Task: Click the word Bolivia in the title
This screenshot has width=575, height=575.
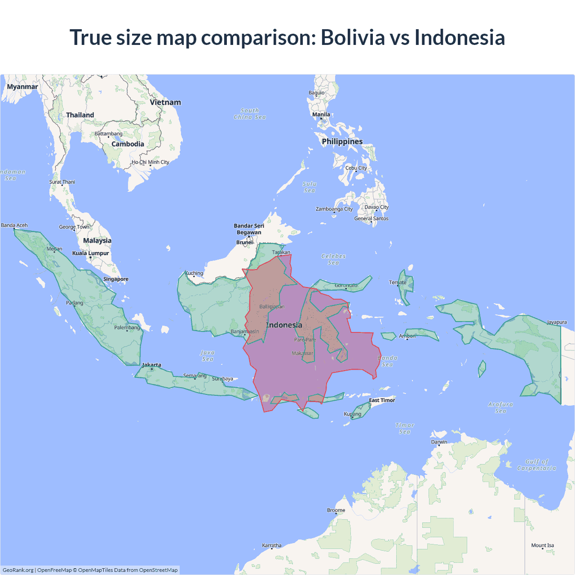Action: pyautogui.click(x=353, y=37)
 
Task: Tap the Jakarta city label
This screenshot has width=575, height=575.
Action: pyautogui.click(x=151, y=365)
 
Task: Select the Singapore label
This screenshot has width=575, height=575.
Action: pyautogui.click(x=116, y=279)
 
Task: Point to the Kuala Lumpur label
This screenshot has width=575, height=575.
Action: pyautogui.click(x=91, y=253)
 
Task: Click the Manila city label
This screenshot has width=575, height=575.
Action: pyautogui.click(x=321, y=115)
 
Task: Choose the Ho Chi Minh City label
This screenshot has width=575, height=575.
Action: pyautogui.click(x=150, y=162)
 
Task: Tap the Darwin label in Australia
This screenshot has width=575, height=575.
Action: pyautogui.click(x=439, y=442)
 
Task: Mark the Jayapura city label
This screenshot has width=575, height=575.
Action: pyautogui.click(x=557, y=322)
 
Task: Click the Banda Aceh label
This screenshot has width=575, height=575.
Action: pyautogui.click(x=14, y=226)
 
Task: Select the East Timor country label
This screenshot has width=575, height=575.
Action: pyautogui.click(x=382, y=400)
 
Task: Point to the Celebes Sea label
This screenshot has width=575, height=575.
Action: pyautogui.click(x=334, y=259)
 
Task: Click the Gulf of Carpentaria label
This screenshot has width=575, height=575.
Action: pyautogui.click(x=537, y=465)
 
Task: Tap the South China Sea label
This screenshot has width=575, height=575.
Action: pyautogui.click(x=250, y=114)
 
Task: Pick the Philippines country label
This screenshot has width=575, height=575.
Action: pyautogui.click(x=342, y=142)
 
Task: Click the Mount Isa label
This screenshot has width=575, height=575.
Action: pyautogui.click(x=543, y=545)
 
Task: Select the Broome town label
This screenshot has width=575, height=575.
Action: pyautogui.click(x=336, y=510)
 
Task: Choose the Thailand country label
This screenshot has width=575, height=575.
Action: pyautogui.click(x=80, y=115)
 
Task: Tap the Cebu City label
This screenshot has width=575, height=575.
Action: pyautogui.click(x=356, y=168)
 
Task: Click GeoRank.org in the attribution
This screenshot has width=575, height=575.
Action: pyautogui.click(x=18, y=570)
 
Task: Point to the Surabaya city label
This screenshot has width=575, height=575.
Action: pyautogui.click(x=222, y=379)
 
